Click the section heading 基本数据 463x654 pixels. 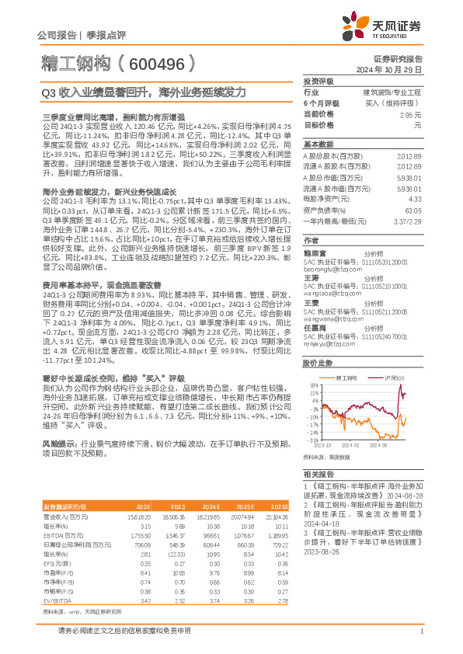coord(318,144)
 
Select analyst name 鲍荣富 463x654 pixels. coord(315,252)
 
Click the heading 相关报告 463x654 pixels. coord(318,473)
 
